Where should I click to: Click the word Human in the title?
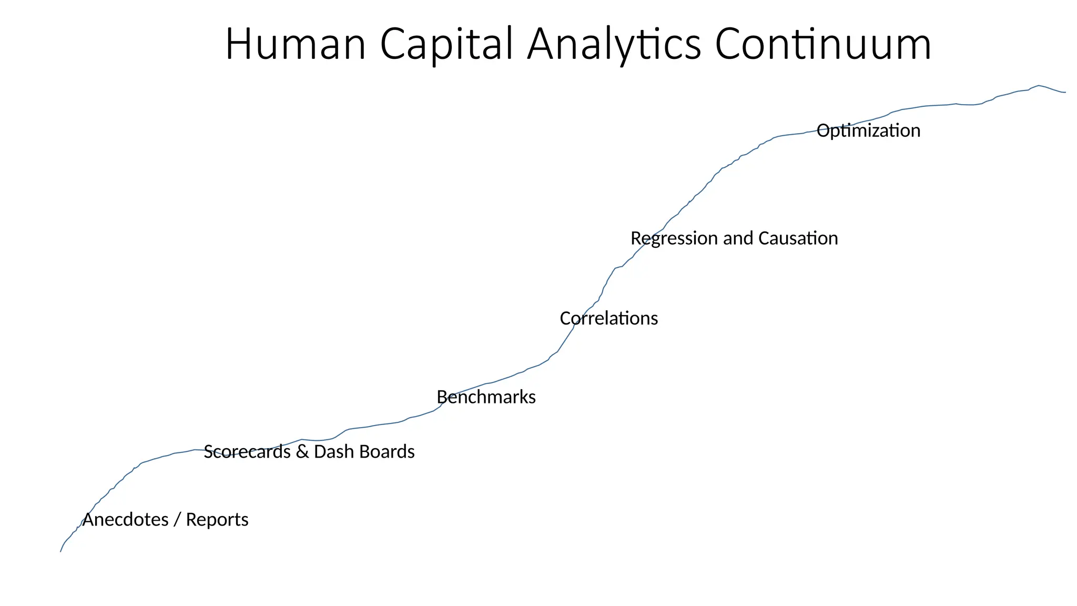point(295,44)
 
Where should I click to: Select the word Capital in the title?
point(446,44)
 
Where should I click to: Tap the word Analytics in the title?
point(614,44)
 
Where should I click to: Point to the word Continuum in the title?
point(823,44)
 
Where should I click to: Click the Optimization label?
point(868,130)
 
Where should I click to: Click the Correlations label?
point(608,318)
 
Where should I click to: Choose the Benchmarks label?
point(486,397)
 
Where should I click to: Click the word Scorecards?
point(247,452)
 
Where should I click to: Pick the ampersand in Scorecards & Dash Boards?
point(302,452)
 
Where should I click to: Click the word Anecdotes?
point(125,520)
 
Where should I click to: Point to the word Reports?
point(217,520)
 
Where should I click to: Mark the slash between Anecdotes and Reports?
point(177,520)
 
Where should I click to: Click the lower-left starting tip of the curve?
point(61,551)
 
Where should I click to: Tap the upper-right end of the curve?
point(1064,93)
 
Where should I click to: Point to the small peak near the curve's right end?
point(1039,85)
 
